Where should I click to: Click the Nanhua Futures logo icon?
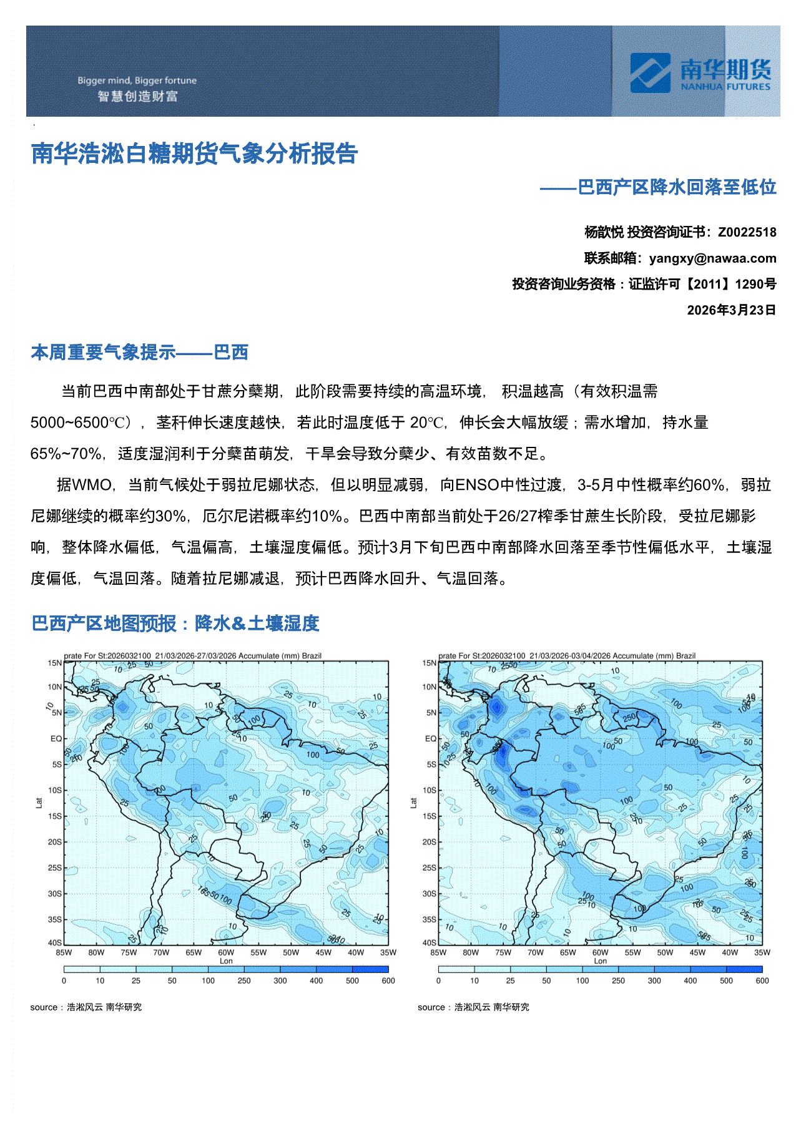point(650,73)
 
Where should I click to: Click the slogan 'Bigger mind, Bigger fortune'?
point(137,81)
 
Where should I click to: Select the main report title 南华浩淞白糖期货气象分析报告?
point(194,154)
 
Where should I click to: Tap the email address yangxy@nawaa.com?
point(712,258)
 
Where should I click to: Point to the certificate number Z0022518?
point(747,232)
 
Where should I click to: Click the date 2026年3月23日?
point(731,310)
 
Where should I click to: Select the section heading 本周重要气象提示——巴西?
point(140,353)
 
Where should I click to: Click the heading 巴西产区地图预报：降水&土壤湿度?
point(175,623)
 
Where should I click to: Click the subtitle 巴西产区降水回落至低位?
point(677,187)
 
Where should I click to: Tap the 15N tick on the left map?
point(55,663)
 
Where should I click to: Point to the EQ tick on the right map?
point(431,738)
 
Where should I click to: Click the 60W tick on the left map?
point(226,952)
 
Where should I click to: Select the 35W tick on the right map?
point(762,952)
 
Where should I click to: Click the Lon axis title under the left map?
point(226,961)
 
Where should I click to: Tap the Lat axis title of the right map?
point(413,803)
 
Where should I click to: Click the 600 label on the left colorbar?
point(388,980)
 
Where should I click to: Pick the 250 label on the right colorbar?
point(618,980)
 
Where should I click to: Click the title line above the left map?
point(193,656)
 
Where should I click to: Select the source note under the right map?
point(473,1007)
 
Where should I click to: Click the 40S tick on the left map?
point(55,942)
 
